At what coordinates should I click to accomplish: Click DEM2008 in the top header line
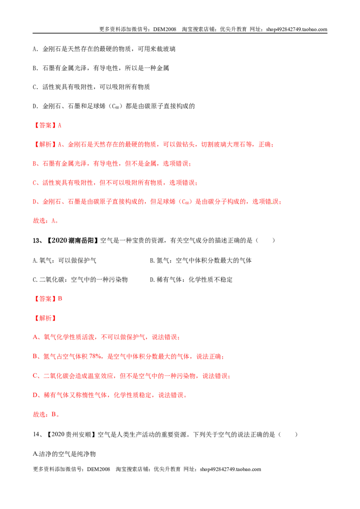click(x=165, y=29)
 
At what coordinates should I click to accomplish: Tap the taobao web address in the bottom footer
click(x=230, y=469)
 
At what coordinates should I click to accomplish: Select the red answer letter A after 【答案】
click(x=59, y=125)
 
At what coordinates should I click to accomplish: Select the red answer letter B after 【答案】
click(x=60, y=299)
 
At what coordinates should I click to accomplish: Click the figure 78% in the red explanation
click(x=95, y=357)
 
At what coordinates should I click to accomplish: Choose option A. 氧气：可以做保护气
click(x=64, y=260)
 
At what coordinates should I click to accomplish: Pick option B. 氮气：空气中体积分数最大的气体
click(x=200, y=260)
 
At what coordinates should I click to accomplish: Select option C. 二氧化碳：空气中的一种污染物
click(x=80, y=280)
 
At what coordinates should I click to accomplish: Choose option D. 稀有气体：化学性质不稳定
click(x=191, y=280)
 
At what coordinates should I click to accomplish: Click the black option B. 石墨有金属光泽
click(x=101, y=68)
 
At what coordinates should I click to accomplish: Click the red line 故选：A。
click(x=45, y=221)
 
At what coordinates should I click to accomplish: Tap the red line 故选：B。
click(x=46, y=414)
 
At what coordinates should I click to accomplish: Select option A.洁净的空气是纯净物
click(x=64, y=454)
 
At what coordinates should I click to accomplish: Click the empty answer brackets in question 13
click(x=265, y=241)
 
